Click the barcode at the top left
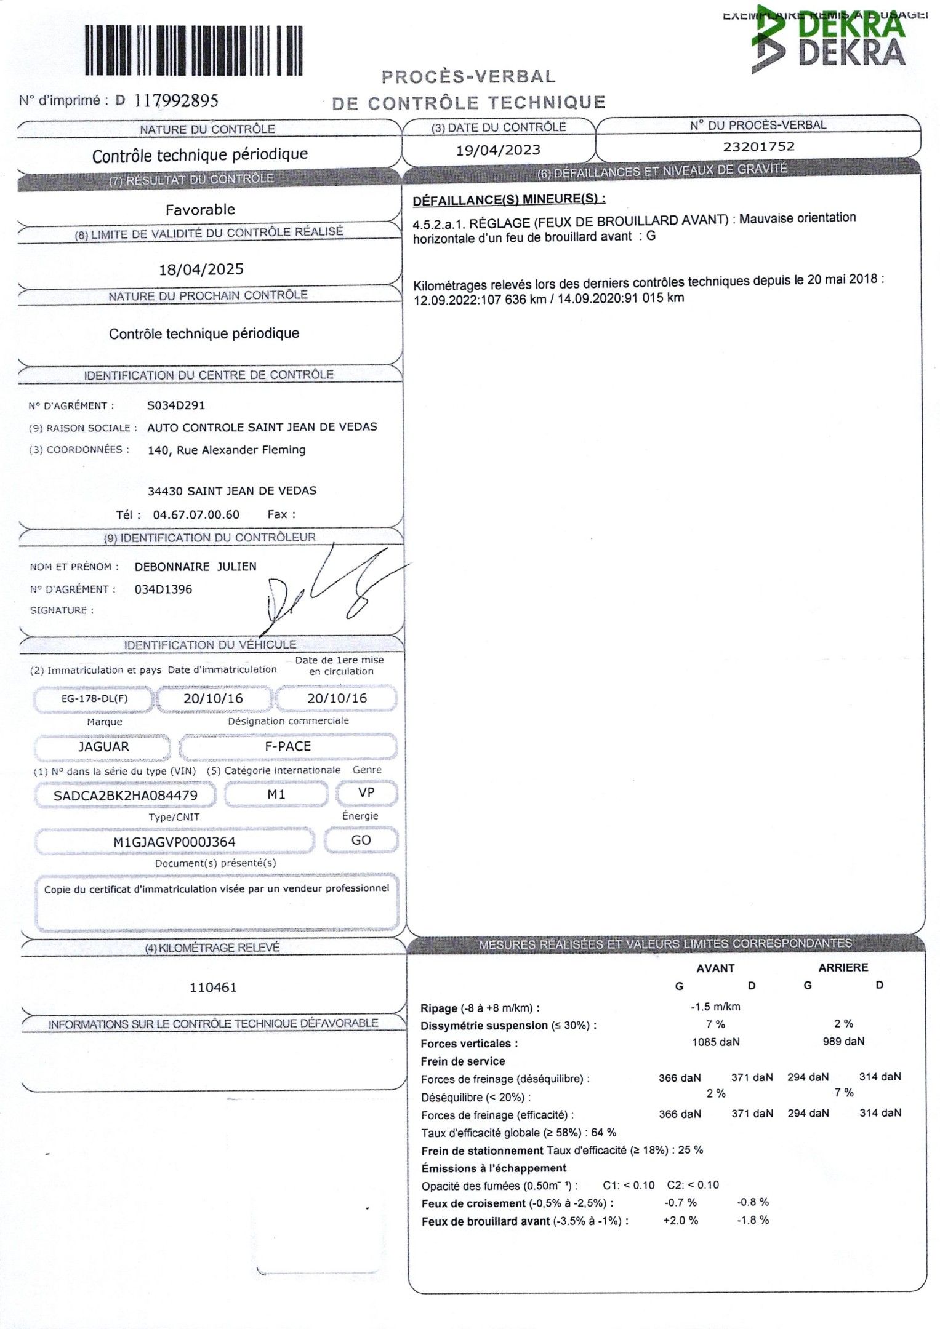(x=193, y=51)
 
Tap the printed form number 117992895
(x=176, y=100)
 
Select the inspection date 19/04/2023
(x=498, y=150)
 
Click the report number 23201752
(x=758, y=146)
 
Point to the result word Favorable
(x=200, y=210)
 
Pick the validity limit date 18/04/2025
(x=201, y=269)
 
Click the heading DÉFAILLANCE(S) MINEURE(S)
(x=508, y=199)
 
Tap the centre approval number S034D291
(x=176, y=405)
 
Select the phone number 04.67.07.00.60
(x=196, y=515)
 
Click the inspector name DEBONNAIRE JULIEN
(x=195, y=567)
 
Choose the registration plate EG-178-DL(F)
(x=94, y=699)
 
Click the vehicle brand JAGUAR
(x=103, y=747)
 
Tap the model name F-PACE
(x=287, y=746)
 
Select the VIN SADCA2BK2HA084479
(x=126, y=796)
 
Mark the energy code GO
(x=361, y=840)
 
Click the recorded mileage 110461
(x=213, y=988)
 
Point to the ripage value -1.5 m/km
(x=715, y=1007)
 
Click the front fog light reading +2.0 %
(x=680, y=1221)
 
